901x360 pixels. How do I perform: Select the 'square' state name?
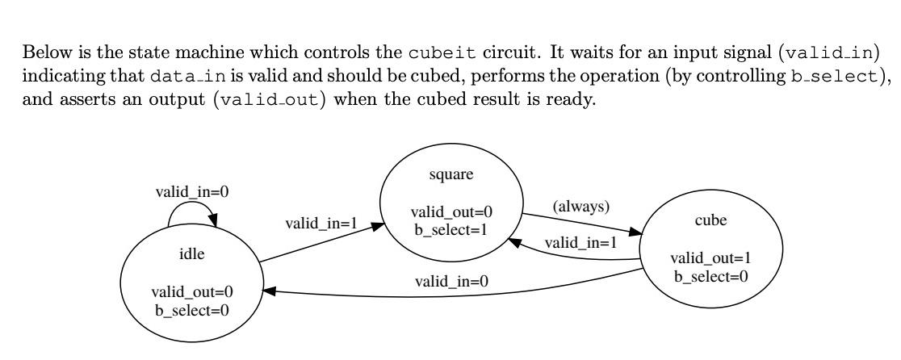tap(452, 175)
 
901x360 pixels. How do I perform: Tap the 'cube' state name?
tap(711, 220)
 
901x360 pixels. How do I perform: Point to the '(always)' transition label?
tap(580, 207)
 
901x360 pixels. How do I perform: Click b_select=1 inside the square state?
tap(451, 227)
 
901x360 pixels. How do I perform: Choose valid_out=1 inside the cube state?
tap(710, 258)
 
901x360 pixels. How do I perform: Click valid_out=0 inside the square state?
tap(451, 212)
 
